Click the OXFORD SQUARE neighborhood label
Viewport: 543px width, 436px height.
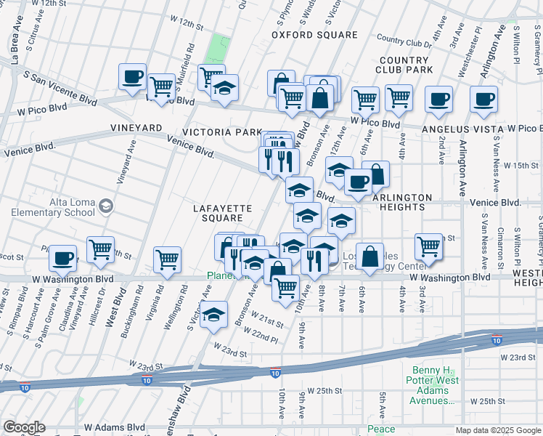click(314, 35)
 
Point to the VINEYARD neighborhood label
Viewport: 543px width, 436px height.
click(135, 128)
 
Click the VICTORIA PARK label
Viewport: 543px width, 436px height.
click(221, 132)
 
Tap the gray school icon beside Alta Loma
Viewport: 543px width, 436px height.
click(106, 206)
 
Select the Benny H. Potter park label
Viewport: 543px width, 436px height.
click(434, 385)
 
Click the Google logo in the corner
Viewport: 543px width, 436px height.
click(24, 427)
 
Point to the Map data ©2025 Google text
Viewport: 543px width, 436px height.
click(497, 430)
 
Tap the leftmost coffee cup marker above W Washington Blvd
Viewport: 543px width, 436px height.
click(63, 257)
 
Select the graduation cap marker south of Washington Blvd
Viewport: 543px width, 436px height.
click(213, 315)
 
